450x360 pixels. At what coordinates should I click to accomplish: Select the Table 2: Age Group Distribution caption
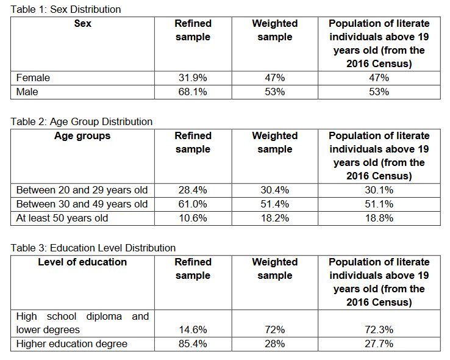click(x=82, y=121)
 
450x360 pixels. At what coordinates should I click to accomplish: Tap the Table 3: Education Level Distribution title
click(x=93, y=248)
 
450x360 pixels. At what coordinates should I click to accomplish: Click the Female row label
click(x=34, y=77)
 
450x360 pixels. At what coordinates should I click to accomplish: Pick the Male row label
click(x=28, y=92)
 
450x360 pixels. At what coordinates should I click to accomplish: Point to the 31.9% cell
click(x=193, y=77)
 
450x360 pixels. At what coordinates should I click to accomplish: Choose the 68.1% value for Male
click(x=193, y=92)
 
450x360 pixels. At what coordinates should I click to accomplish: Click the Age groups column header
click(x=82, y=135)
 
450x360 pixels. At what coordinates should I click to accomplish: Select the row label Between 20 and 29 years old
click(x=82, y=190)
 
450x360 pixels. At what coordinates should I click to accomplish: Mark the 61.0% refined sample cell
click(x=193, y=204)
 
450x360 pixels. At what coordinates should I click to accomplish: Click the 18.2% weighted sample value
click(x=275, y=218)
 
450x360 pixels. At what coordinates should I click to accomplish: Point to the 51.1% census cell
click(x=379, y=204)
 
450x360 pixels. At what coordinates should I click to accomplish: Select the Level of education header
click(x=82, y=262)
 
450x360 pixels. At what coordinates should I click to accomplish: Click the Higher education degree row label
click(x=72, y=344)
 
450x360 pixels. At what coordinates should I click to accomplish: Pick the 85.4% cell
click(x=193, y=344)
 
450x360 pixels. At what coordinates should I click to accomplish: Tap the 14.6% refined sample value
click(x=193, y=329)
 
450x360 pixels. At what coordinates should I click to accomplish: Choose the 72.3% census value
click(x=379, y=329)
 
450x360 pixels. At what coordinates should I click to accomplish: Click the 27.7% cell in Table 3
click(x=379, y=344)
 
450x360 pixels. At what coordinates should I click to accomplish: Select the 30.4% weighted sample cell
click(x=275, y=190)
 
